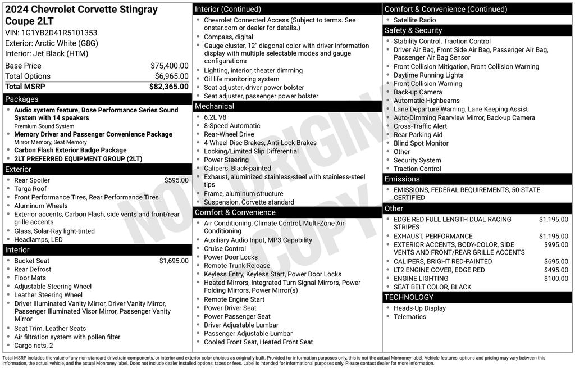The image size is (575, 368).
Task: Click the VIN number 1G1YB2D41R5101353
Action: [60, 33]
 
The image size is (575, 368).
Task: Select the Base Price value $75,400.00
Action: [169, 66]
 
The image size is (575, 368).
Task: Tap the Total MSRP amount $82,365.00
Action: [168, 87]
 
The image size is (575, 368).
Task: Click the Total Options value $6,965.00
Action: [171, 76]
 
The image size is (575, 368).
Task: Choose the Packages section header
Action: [22, 99]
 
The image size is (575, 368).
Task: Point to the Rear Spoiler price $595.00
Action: [176, 180]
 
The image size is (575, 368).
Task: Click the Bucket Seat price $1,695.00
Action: [174, 261]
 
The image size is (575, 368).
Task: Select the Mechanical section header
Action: [214, 106]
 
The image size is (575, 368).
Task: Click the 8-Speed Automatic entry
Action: [232, 126]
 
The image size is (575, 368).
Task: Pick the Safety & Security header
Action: [413, 30]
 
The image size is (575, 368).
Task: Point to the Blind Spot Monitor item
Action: [421, 143]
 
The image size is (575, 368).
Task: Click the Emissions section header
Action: [402, 179]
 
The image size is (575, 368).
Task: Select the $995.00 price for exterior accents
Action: [556, 245]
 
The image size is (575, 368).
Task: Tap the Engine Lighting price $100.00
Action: [556, 279]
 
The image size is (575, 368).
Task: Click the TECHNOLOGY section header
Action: [409, 297]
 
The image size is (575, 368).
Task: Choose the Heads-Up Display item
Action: [419, 308]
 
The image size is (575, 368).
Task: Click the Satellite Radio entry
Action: [414, 20]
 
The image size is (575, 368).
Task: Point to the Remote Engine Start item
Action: [234, 300]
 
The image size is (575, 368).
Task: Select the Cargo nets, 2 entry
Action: [34, 346]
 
